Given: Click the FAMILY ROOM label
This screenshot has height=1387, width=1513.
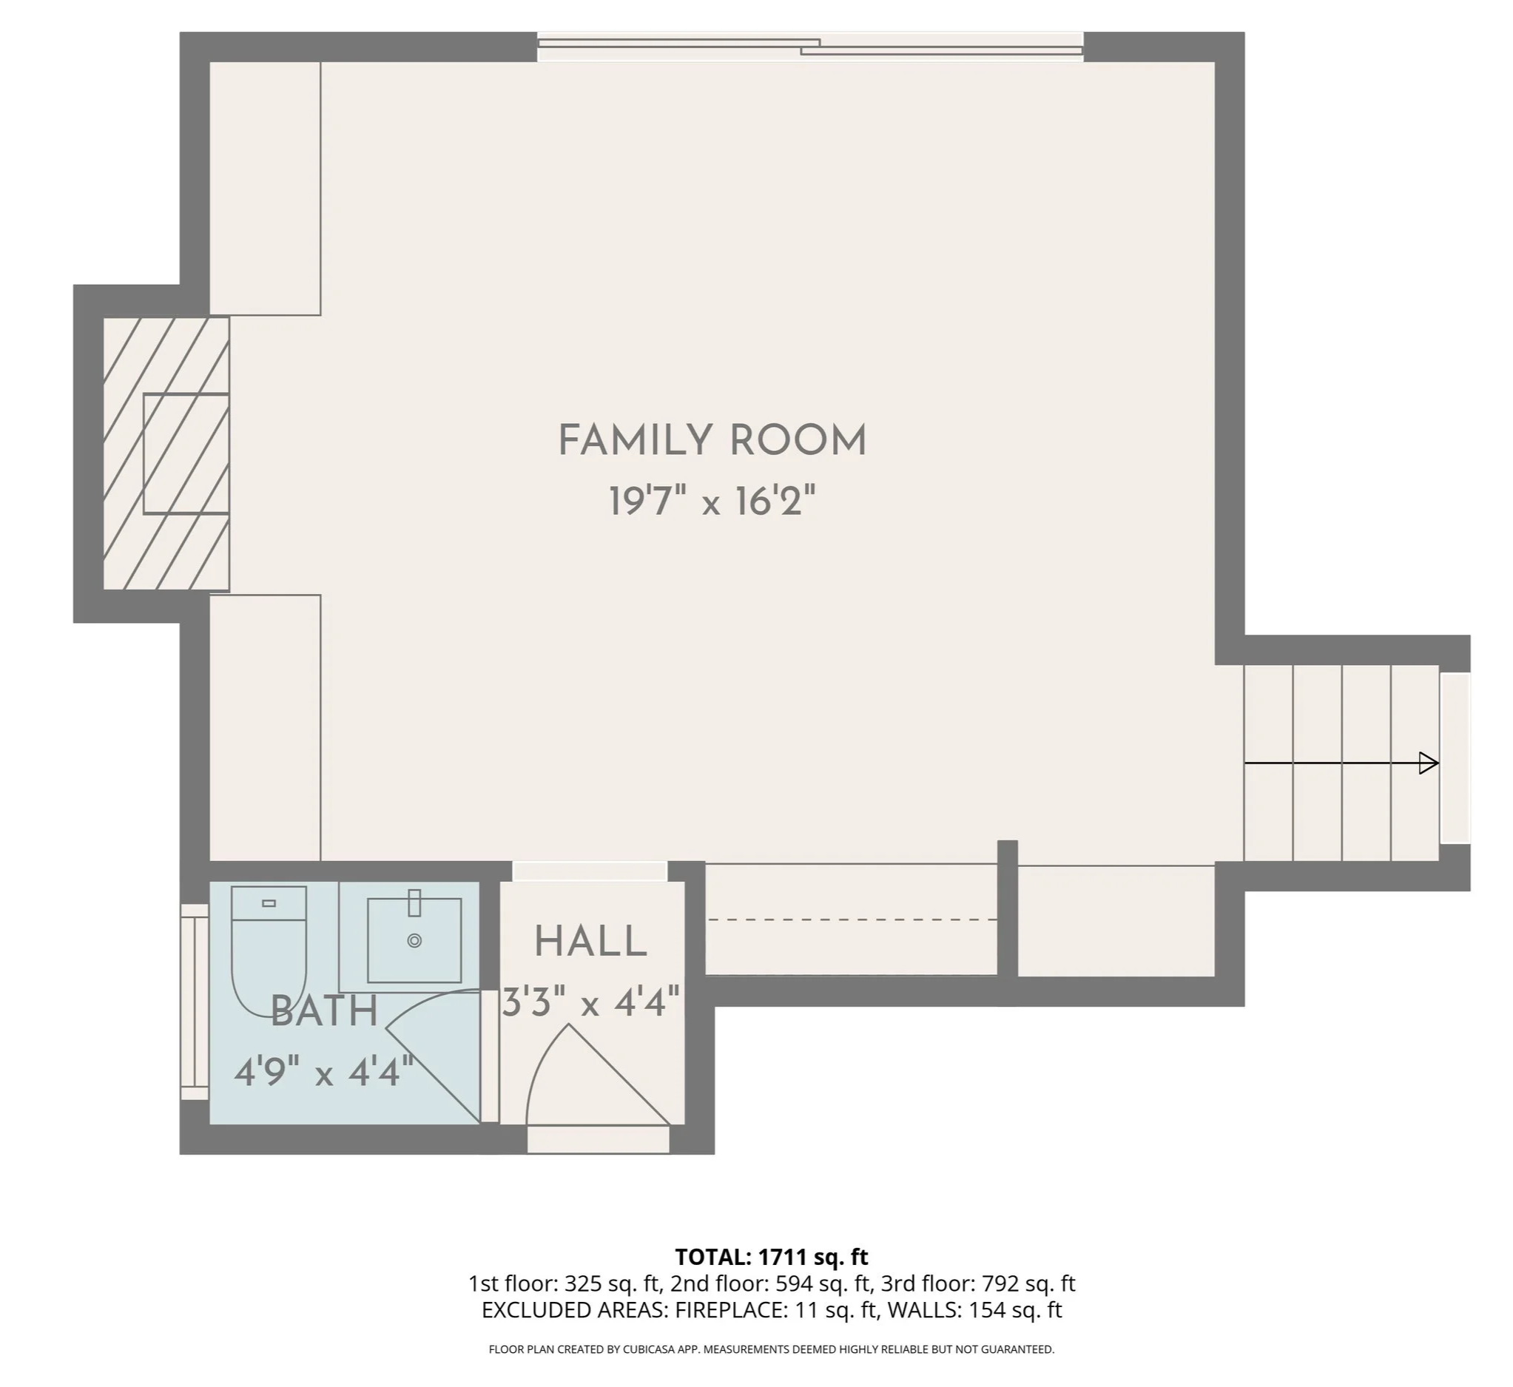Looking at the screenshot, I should (x=712, y=441).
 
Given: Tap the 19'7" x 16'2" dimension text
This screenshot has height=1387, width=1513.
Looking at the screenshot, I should (x=712, y=502).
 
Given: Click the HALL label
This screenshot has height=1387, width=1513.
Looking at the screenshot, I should (x=590, y=942).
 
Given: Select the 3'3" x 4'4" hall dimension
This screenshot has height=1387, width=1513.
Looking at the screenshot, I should (x=590, y=1002).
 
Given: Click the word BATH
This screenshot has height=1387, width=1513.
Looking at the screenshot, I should (x=323, y=1011).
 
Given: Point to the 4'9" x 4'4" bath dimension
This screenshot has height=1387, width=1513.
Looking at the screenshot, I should (x=323, y=1072).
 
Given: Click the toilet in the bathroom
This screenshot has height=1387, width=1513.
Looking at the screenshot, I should (x=269, y=949).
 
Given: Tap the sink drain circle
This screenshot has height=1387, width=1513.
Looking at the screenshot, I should (x=414, y=940).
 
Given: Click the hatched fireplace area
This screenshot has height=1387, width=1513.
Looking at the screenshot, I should (x=166, y=453).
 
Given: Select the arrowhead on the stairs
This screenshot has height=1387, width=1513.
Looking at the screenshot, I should (x=1428, y=763).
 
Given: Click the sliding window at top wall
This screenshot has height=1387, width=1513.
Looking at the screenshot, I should (x=811, y=47).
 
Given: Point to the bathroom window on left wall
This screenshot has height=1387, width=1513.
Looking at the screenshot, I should (x=195, y=1001).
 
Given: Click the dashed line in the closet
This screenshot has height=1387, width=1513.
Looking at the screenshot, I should (x=852, y=919).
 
